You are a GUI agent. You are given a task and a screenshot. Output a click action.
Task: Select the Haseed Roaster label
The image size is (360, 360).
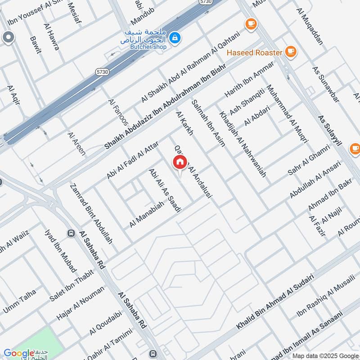click(x=255, y=53)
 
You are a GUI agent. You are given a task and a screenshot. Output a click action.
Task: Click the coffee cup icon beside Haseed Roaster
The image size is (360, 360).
click(x=291, y=52)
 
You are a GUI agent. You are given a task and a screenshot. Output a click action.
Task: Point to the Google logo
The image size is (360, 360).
click(x=19, y=354)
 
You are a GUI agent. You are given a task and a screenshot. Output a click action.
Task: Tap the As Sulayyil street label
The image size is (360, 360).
click(x=330, y=130)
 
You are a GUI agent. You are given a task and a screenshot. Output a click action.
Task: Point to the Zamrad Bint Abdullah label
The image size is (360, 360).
click(x=91, y=214)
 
